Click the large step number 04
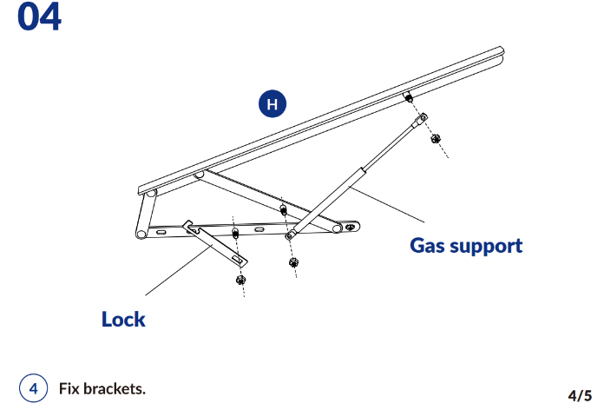pos(40,18)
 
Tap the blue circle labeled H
pos(273,105)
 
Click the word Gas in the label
pos(430,246)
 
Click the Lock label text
pos(123,319)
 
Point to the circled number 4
pos(34,388)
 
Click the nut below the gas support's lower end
pos(293,262)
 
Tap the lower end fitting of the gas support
pos(291,235)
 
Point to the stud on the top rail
pos(406,97)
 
